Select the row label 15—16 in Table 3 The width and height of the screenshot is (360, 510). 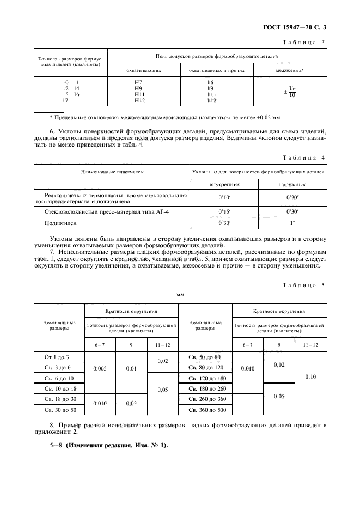point(71,94)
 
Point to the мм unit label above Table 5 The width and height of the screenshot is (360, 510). point(180,295)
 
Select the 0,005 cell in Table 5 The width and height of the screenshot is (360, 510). point(100,368)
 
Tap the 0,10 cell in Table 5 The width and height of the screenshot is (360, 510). point(310,376)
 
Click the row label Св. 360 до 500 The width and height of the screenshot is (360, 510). point(206,409)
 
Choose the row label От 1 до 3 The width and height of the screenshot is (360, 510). point(57,356)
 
